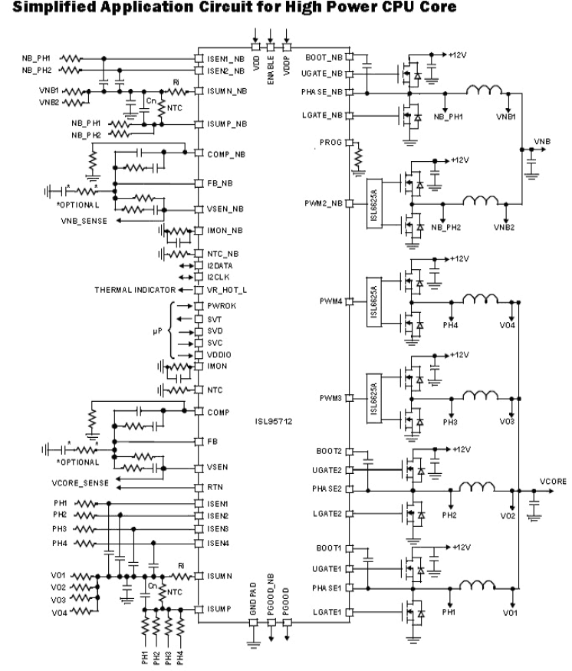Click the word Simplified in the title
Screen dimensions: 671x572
click(x=38, y=8)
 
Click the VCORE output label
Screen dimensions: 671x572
click(x=552, y=482)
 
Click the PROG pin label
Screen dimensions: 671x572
click(x=330, y=143)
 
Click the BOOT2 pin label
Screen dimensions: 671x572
click(x=329, y=449)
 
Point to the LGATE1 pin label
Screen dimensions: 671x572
click(x=327, y=611)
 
